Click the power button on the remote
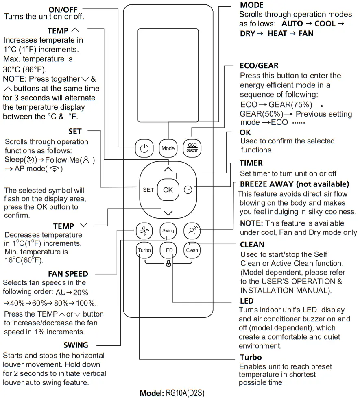click(x=144, y=148)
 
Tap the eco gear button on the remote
click(x=192, y=148)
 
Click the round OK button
click(x=168, y=190)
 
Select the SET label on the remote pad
click(x=148, y=190)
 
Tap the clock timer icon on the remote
click(x=188, y=190)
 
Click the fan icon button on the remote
click(x=144, y=231)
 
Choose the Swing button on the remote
click(x=168, y=231)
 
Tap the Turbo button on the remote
click(x=144, y=250)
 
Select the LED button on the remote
click(x=168, y=250)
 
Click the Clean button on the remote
click(x=192, y=250)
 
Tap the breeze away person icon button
click(x=192, y=231)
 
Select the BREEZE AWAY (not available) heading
click(x=295, y=184)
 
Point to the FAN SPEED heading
click(x=68, y=274)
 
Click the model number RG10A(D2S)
click(x=188, y=393)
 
